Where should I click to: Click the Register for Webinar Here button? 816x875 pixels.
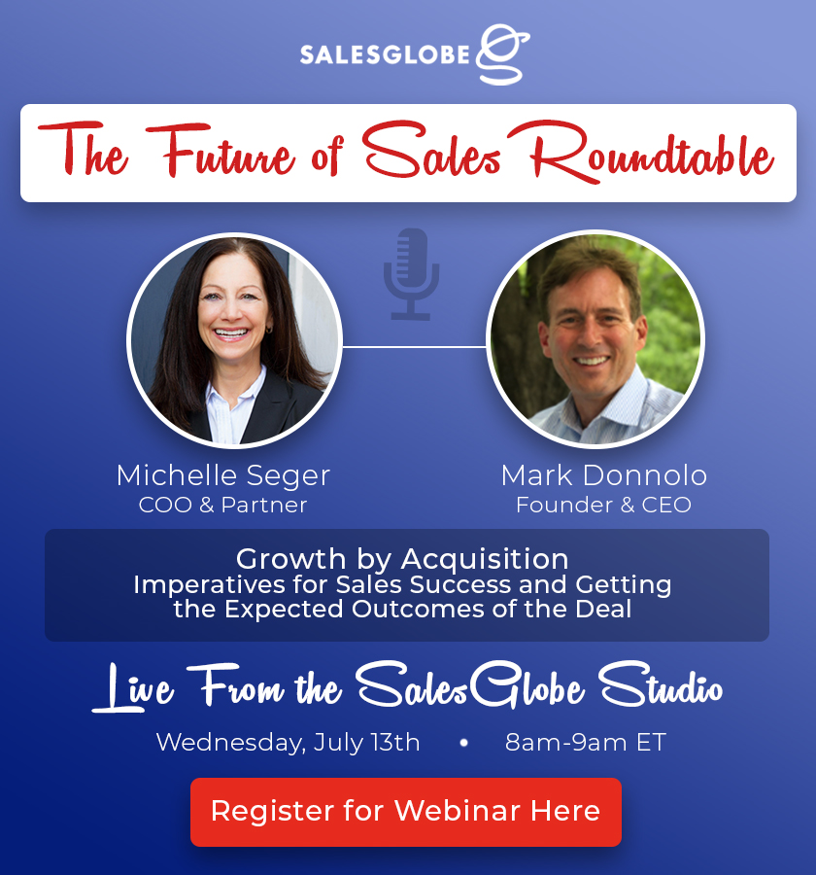(x=405, y=812)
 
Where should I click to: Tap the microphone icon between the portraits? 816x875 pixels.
(x=411, y=274)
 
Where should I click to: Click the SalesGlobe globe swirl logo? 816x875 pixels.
(x=502, y=54)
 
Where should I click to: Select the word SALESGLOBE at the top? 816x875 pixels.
(x=385, y=54)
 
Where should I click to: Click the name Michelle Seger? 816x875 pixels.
(x=223, y=476)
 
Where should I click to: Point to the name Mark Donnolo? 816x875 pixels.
(x=604, y=475)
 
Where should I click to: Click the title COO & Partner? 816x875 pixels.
(x=222, y=505)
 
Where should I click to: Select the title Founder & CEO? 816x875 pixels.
(x=603, y=505)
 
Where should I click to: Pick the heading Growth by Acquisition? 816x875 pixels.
(x=402, y=559)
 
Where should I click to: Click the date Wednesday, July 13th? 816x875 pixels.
(x=288, y=743)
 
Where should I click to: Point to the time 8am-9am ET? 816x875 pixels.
(x=586, y=743)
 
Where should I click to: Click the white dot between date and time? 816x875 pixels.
(x=463, y=743)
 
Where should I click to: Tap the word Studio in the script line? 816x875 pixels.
(x=661, y=685)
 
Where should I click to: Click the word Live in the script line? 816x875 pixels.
(x=133, y=688)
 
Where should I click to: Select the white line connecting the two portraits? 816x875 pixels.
(x=414, y=346)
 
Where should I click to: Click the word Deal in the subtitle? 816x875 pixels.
(x=603, y=609)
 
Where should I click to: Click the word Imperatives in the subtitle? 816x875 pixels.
(x=209, y=586)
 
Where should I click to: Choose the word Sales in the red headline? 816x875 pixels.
(x=431, y=150)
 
